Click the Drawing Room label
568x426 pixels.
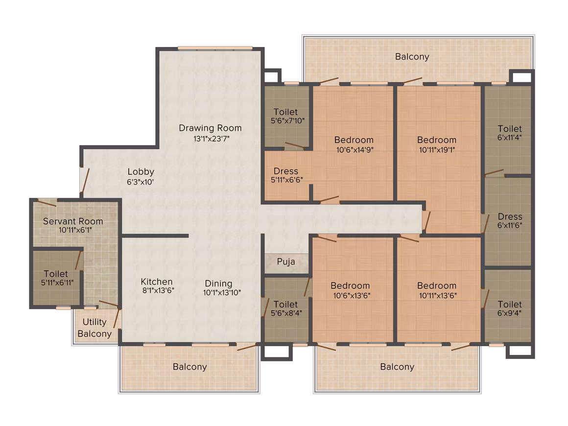pyautogui.click(x=210, y=128)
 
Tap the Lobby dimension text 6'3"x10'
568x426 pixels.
pyautogui.click(x=140, y=182)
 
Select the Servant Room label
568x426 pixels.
pyautogui.click(x=73, y=221)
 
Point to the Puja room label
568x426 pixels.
pyautogui.click(x=286, y=261)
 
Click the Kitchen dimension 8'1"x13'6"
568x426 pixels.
pyautogui.click(x=158, y=290)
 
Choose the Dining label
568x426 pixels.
pyautogui.click(x=218, y=284)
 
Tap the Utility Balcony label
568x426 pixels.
pyautogui.click(x=95, y=328)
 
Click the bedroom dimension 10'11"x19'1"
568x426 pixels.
pyautogui.click(x=437, y=150)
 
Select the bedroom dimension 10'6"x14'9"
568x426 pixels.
pyautogui.click(x=355, y=150)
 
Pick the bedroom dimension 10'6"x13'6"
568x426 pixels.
pyautogui.click(x=352, y=296)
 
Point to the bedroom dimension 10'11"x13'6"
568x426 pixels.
pyautogui.click(x=438, y=296)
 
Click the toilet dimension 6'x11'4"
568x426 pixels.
pyautogui.click(x=509, y=138)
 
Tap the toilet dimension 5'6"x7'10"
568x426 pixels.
pyautogui.click(x=287, y=121)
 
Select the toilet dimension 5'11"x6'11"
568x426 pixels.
pyautogui.click(x=57, y=283)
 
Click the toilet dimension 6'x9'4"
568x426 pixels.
pyautogui.click(x=509, y=313)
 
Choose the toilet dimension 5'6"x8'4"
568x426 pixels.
pyautogui.click(x=286, y=313)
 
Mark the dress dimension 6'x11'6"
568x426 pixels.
pyautogui.click(x=510, y=226)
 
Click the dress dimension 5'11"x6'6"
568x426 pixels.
pyautogui.click(x=286, y=180)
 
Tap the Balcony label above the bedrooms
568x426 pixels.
pyautogui.click(x=412, y=57)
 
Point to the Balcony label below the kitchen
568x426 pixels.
pyautogui.click(x=189, y=367)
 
